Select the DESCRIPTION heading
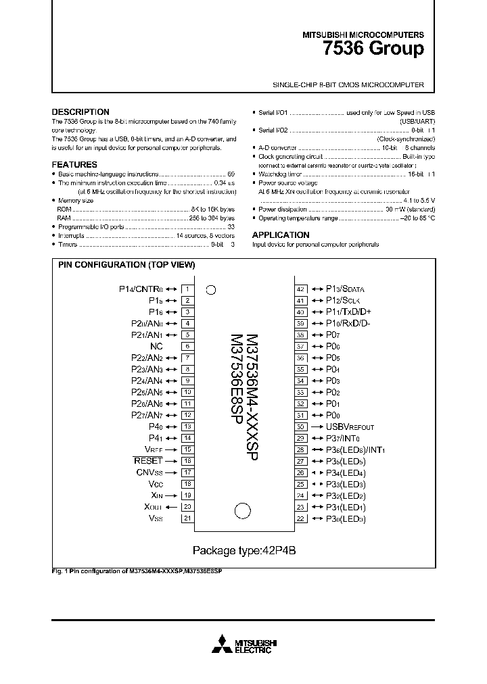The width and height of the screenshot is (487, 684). point(80,112)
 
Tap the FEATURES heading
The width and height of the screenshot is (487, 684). point(74,165)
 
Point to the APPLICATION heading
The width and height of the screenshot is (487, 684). point(281,235)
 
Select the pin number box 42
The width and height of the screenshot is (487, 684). point(301,289)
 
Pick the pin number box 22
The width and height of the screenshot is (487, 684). point(301,518)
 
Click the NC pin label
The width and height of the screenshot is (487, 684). point(156,346)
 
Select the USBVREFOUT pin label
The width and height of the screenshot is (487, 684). point(350,426)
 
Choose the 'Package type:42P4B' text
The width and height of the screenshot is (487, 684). point(244,550)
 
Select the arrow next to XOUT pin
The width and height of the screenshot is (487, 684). point(171,507)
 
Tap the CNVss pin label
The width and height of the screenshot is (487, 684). point(150,472)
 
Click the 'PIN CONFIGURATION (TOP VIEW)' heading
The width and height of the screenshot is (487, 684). point(126,265)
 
